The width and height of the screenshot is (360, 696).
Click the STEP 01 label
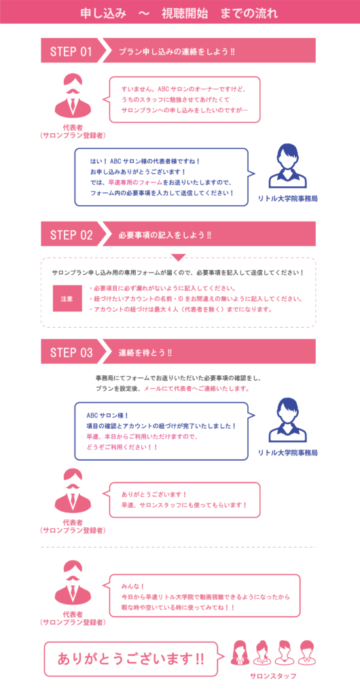click(71, 51)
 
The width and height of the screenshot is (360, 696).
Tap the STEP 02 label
click(71, 234)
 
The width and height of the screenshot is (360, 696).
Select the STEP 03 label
click(71, 353)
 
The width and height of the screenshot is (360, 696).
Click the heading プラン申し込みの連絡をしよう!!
click(177, 52)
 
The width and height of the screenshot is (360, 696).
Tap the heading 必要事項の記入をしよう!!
click(165, 235)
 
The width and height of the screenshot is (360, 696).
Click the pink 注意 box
click(67, 298)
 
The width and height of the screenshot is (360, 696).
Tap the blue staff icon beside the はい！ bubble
click(288, 166)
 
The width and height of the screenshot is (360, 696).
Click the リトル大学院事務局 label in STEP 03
click(288, 453)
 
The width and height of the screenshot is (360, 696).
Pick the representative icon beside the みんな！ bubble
click(73, 582)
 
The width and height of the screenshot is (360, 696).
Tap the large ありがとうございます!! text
click(131, 658)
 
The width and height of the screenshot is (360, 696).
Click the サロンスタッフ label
click(273, 676)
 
